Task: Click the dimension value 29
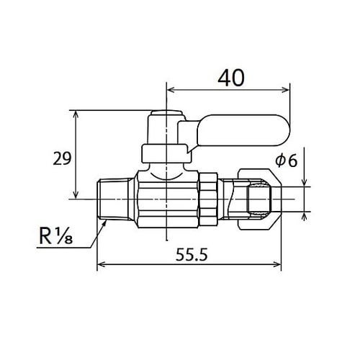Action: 62,158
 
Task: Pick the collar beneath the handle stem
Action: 166,152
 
